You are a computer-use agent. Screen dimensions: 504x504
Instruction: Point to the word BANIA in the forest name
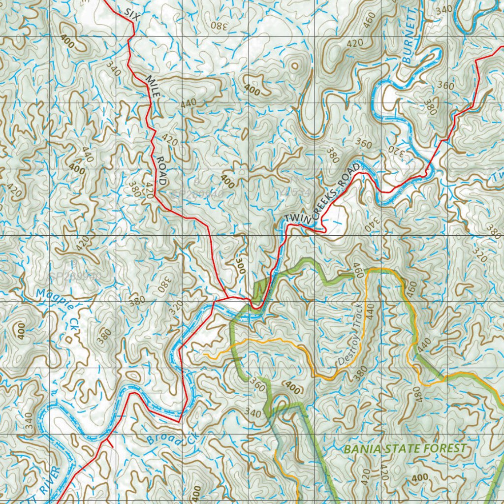click(x=361, y=449)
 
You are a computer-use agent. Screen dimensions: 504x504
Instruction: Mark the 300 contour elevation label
click(x=240, y=266)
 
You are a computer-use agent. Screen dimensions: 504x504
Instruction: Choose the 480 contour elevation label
click(x=419, y=394)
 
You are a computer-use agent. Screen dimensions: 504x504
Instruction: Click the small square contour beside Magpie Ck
click(x=69, y=339)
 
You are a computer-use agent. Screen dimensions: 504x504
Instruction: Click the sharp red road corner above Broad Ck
click(x=179, y=421)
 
